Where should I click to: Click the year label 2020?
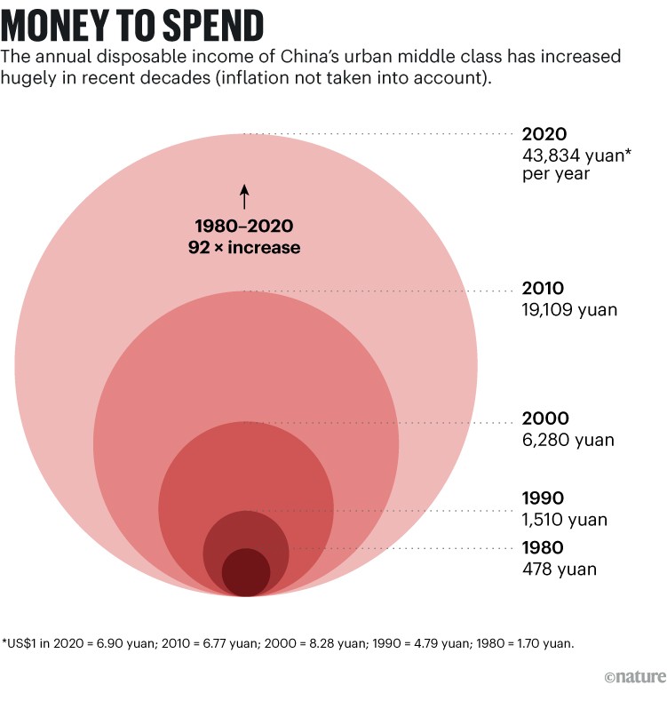click(x=544, y=134)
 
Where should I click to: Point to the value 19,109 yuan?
click(x=569, y=310)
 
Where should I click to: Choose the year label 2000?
click(x=544, y=418)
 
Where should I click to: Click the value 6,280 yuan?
click(x=568, y=440)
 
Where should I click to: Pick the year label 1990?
click(x=543, y=498)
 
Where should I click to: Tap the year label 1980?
click(x=543, y=547)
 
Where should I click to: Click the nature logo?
click(x=634, y=678)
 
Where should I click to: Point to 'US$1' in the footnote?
click(x=22, y=641)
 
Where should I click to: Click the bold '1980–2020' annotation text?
click(x=244, y=227)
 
